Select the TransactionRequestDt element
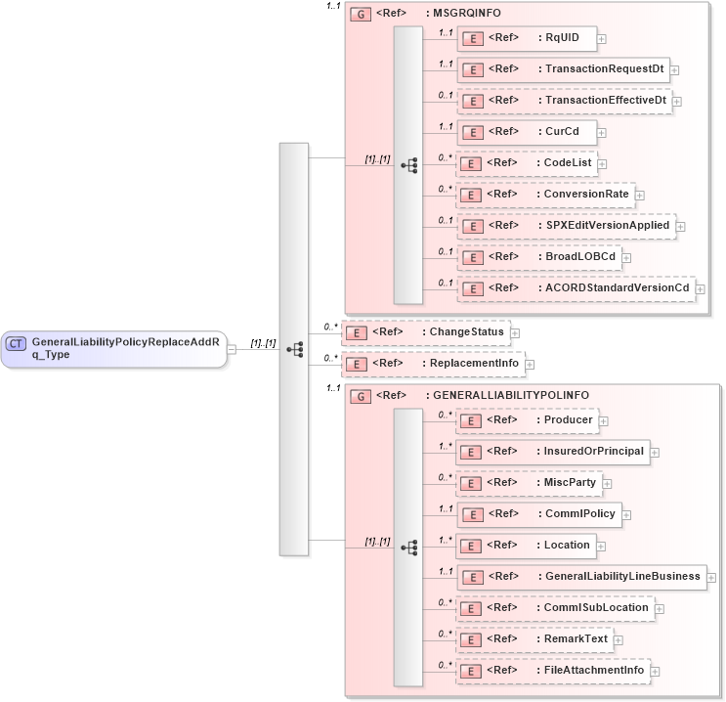click(x=563, y=69)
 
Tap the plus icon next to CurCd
click(x=602, y=132)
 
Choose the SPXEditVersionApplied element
click(x=566, y=225)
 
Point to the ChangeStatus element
click(x=424, y=332)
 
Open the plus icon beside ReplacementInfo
click(x=531, y=366)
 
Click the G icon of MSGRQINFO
click(x=361, y=16)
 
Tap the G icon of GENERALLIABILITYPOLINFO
click(x=361, y=396)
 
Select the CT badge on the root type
click(x=17, y=343)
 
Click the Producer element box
click(x=527, y=420)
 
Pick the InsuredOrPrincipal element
click(x=553, y=451)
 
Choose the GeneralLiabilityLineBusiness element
click(x=580, y=576)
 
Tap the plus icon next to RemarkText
click(x=619, y=640)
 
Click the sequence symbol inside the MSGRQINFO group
click(x=408, y=165)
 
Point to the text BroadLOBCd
click(x=579, y=256)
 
